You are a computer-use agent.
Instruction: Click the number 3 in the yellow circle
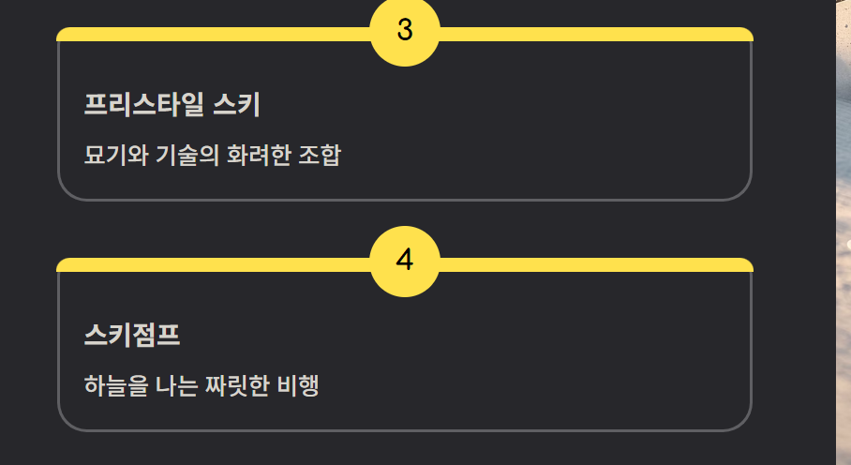pyautogui.click(x=405, y=31)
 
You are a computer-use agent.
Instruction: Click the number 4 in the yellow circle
pyautogui.click(x=405, y=261)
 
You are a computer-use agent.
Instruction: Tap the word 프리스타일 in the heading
pyautogui.click(x=143, y=105)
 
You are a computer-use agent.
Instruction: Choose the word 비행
pyautogui.click(x=299, y=385)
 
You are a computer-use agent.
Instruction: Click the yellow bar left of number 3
pyautogui.click(x=216, y=35)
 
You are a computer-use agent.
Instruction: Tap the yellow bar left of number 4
pyautogui.click(x=216, y=264)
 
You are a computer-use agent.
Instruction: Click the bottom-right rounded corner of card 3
pyautogui.click(x=741, y=189)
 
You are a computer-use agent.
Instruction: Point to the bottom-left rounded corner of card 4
pyautogui.click(x=68, y=420)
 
